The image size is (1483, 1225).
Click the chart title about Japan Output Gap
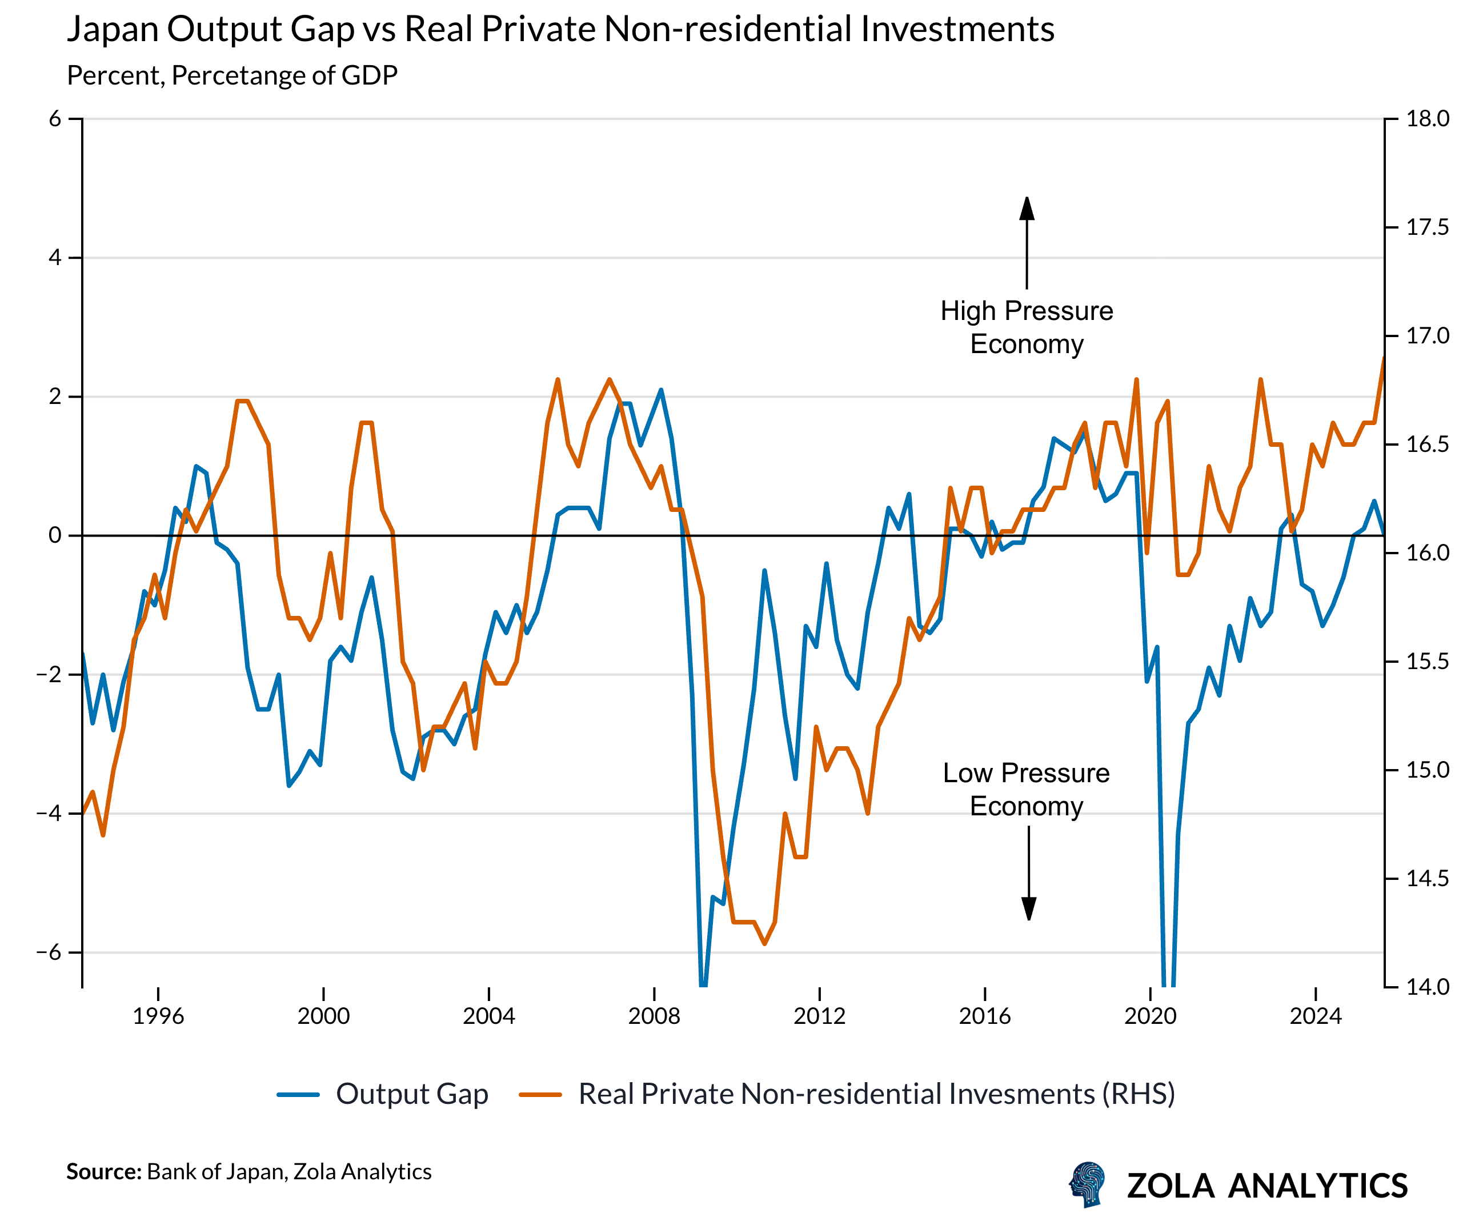(560, 30)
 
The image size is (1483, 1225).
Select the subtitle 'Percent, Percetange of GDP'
(232, 75)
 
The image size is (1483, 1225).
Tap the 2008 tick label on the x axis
(654, 1016)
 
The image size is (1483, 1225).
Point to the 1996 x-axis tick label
(158, 1016)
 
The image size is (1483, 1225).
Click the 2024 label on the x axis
(1315, 1016)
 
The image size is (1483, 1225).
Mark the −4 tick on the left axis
(49, 814)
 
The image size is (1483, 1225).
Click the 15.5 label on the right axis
(1427, 662)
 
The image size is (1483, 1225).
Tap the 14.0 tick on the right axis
(1427, 987)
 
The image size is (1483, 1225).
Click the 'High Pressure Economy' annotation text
(1027, 327)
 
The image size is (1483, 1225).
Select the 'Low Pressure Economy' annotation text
(1027, 790)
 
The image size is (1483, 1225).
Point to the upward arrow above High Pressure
(1027, 240)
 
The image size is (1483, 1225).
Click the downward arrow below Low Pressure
(1029, 875)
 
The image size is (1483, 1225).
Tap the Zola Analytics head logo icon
(1087, 1185)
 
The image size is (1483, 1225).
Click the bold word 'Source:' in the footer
(105, 1172)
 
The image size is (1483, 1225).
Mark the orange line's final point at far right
(1384, 358)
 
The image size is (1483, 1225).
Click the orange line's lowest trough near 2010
(765, 943)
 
